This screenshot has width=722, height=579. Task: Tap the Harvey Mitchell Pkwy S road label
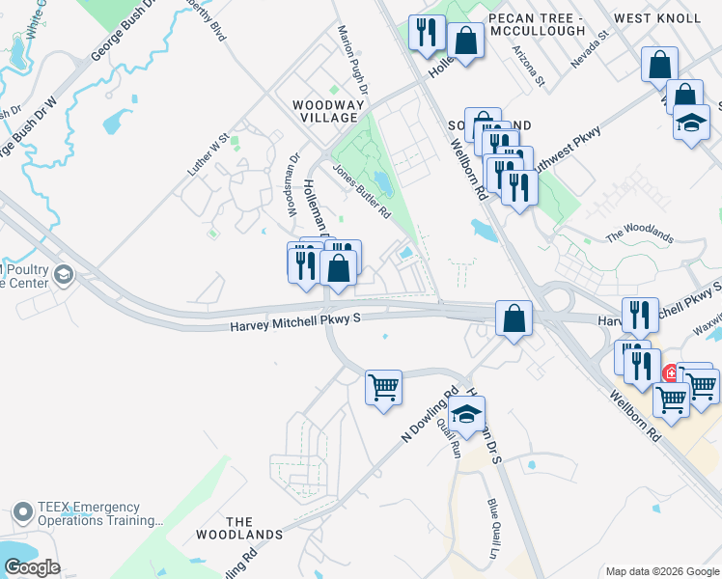[294, 327]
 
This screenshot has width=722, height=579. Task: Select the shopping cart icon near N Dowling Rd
[383, 388]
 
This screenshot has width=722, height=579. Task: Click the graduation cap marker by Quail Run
[467, 414]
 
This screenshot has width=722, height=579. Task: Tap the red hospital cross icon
[670, 372]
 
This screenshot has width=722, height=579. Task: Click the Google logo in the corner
[31, 567]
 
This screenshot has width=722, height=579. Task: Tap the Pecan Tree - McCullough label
[537, 24]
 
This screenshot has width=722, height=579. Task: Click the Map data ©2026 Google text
[661, 571]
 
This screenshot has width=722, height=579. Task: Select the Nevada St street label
[592, 48]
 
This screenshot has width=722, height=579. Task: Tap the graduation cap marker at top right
[691, 124]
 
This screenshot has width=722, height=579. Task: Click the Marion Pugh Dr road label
[348, 53]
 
